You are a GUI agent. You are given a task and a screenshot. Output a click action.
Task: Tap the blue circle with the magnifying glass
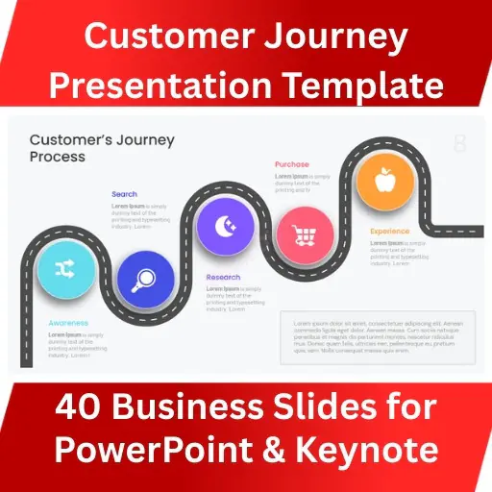146,280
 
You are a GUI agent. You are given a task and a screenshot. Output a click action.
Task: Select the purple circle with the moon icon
225,228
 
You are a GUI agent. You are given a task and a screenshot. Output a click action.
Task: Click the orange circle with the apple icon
384,180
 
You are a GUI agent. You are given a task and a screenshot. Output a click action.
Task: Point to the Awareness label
68,323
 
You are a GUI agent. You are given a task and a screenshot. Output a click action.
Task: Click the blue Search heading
124,194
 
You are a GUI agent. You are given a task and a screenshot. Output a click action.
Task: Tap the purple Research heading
223,278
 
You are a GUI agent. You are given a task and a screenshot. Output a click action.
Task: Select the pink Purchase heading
291,164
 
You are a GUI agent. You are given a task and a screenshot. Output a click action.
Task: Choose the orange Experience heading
389,231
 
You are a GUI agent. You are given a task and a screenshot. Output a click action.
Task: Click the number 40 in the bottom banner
76,407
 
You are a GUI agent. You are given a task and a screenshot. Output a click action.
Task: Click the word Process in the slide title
57,157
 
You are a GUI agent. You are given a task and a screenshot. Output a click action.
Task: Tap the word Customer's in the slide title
73,139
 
